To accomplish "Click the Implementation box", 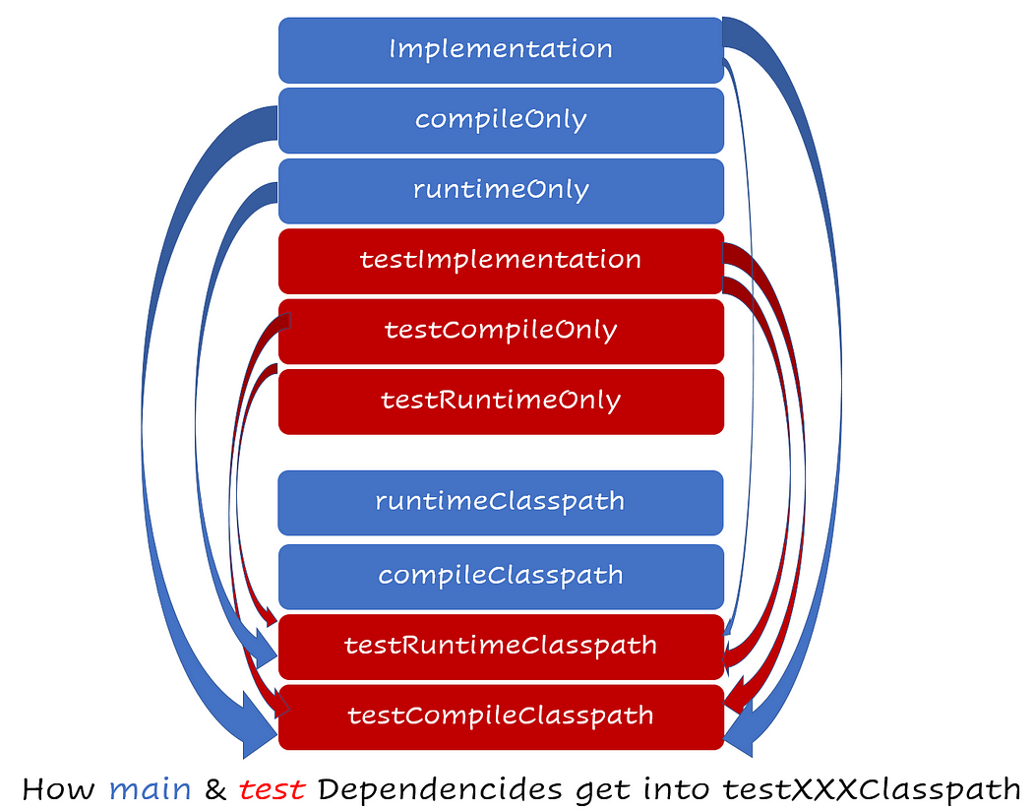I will click(x=501, y=49).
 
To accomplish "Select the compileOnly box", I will click(x=501, y=120).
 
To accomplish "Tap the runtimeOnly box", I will click(x=501, y=190).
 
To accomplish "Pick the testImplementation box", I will click(x=501, y=261).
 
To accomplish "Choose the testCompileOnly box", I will click(x=501, y=331).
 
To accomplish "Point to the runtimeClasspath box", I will click(x=501, y=502).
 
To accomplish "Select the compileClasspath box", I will click(x=501, y=576).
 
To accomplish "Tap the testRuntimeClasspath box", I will click(x=501, y=647).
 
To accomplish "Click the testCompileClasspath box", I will click(x=501, y=716).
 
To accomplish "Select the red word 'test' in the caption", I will click(x=269, y=788).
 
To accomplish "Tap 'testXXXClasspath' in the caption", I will click(x=872, y=788).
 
